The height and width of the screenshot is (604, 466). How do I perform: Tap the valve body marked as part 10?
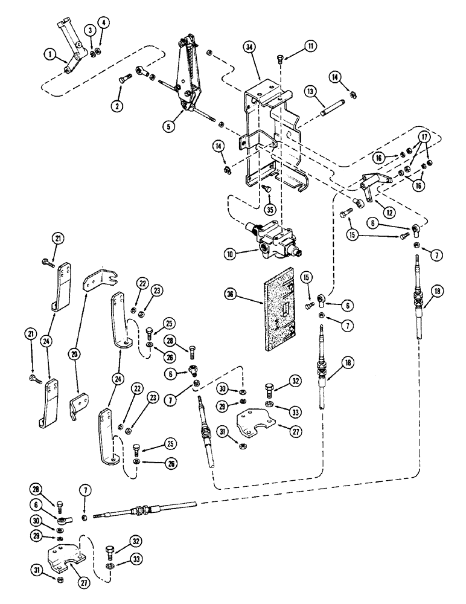[x=272, y=239]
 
